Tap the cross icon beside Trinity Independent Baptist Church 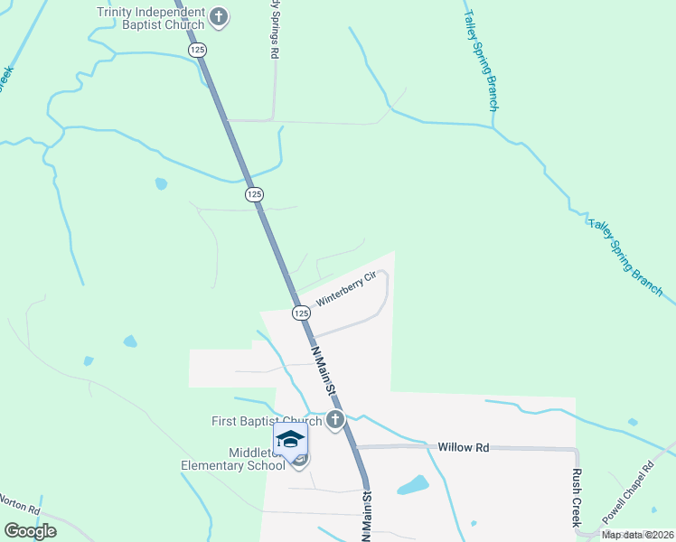tap(218, 16)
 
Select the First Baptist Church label tap(267, 421)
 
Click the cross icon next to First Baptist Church tap(335, 420)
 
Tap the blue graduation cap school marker tap(290, 440)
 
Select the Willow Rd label tap(463, 447)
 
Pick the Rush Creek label tap(576, 497)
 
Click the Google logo tap(30, 531)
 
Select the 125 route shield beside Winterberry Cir tap(301, 312)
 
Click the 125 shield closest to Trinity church tap(198, 51)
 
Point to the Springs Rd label tap(274, 30)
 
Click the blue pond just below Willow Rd tap(412, 485)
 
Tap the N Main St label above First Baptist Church tap(323, 369)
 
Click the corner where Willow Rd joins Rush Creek tap(577, 449)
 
